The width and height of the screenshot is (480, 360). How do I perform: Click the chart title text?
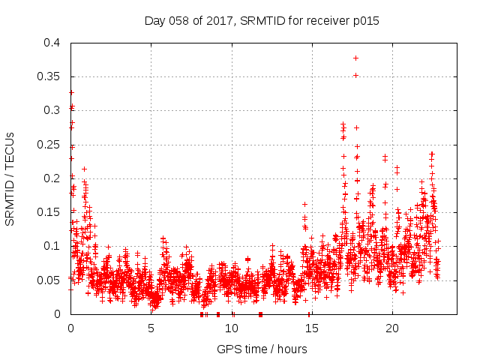click(x=262, y=21)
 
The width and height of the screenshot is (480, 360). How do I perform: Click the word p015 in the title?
click(x=366, y=21)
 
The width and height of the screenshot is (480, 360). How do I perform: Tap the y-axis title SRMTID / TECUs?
click(x=10, y=178)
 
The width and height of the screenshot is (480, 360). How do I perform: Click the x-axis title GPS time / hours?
click(x=262, y=349)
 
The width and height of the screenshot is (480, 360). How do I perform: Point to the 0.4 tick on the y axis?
click(x=53, y=43)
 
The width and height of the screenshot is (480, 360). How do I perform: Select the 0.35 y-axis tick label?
click(x=50, y=76)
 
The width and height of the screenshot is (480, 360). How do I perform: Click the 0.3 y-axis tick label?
click(x=53, y=110)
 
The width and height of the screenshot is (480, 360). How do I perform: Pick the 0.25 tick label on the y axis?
click(x=50, y=145)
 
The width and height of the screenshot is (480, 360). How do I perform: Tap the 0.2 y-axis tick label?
click(x=53, y=178)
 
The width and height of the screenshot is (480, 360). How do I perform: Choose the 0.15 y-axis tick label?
click(x=50, y=212)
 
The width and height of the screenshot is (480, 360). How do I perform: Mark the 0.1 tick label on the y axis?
click(x=53, y=246)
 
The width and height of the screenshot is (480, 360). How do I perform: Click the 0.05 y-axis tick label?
click(x=50, y=280)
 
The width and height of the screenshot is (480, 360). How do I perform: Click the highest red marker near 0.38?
click(x=355, y=58)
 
